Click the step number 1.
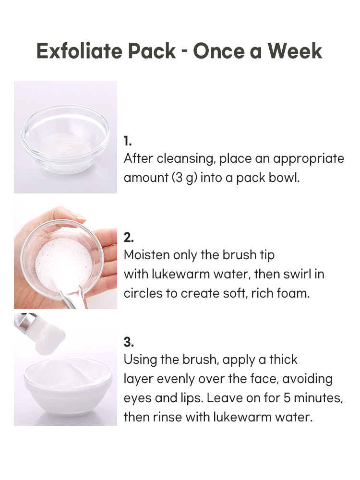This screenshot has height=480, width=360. click(128, 141)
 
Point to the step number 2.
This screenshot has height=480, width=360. click(129, 238)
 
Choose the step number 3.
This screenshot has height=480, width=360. click(129, 342)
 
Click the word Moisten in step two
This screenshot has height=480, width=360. click(146, 255)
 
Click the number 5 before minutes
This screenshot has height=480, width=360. click(287, 398)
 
